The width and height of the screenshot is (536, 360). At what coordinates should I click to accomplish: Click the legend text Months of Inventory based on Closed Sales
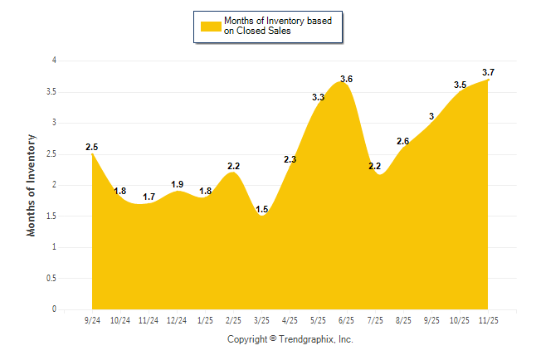click(271, 26)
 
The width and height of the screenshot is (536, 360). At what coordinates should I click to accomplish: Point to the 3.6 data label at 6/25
click(346, 79)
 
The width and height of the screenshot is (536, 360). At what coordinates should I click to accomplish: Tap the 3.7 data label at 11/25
click(488, 73)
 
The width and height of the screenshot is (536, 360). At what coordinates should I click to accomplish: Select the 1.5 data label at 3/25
click(261, 210)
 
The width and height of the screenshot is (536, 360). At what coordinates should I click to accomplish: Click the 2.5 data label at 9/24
click(91, 147)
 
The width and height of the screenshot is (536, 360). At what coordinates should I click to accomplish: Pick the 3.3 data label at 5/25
click(318, 97)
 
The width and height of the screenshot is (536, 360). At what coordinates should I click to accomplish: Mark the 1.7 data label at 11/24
click(149, 197)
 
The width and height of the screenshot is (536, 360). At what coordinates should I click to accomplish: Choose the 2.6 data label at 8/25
click(403, 141)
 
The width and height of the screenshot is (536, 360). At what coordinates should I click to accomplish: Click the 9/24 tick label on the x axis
click(92, 319)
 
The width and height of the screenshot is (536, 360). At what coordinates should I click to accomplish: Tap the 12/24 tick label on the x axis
click(177, 319)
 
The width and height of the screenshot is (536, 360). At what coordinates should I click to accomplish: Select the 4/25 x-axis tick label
click(290, 319)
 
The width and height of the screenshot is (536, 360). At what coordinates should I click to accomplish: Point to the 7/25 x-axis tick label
click(375, 319)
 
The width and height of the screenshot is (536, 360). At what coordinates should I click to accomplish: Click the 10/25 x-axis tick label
click(460, 319)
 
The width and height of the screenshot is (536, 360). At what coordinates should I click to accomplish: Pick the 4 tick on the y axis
click(54, 61)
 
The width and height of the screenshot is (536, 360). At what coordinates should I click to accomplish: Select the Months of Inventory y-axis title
click(32, 185)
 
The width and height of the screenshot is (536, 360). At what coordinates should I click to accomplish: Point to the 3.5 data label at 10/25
click(460, 85)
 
